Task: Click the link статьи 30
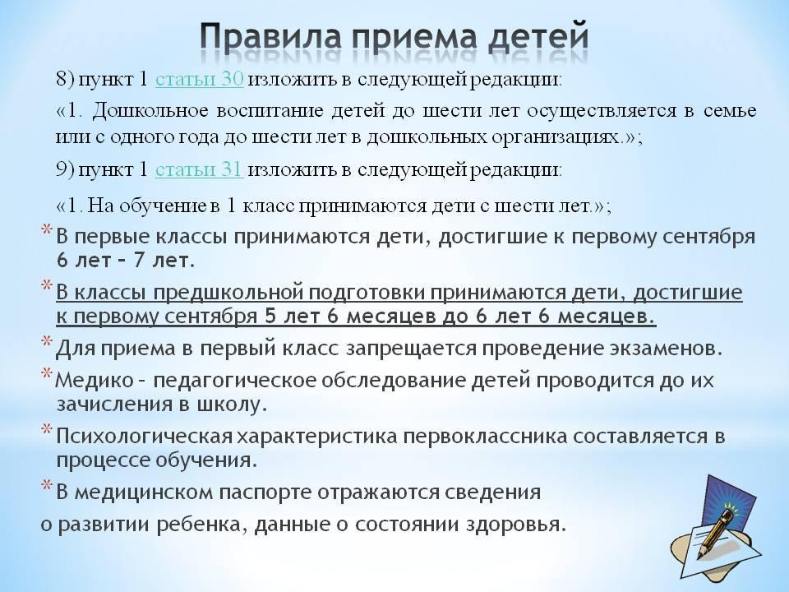point(200,80)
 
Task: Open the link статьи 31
point(200,169)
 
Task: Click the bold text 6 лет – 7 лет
point(125,261)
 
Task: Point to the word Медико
point(94,380)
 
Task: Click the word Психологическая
point(144,437)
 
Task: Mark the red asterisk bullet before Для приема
point(46,342)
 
